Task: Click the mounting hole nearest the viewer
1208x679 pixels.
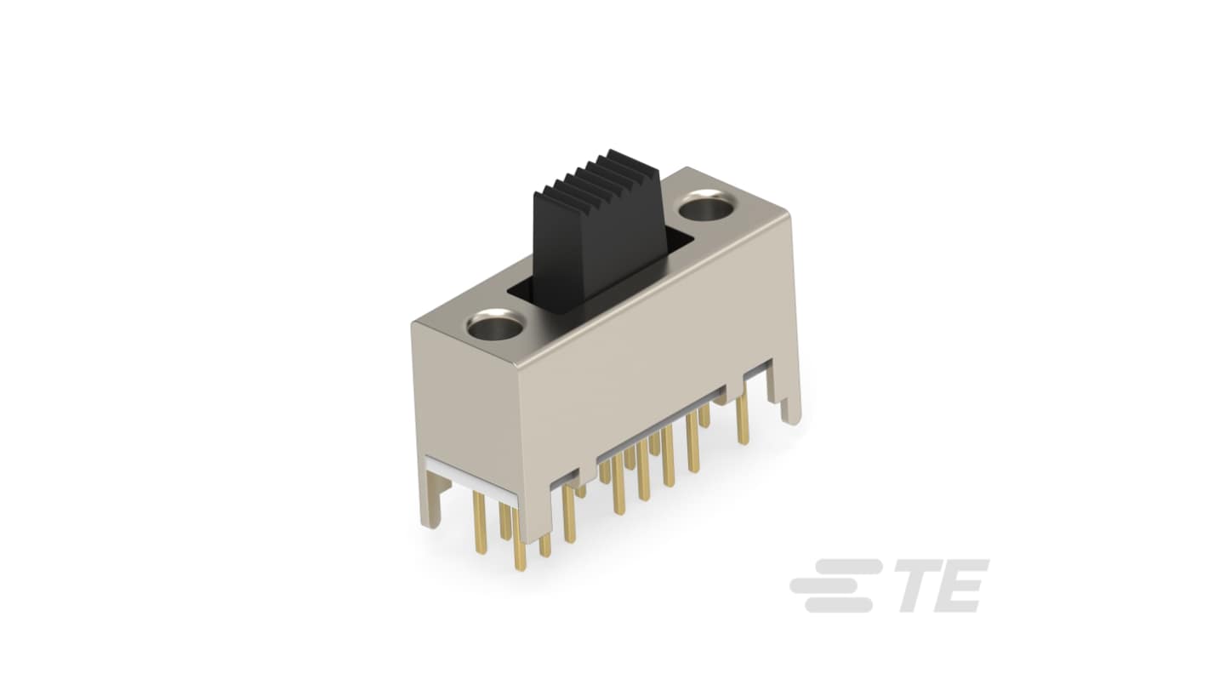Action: [x=496, y=325]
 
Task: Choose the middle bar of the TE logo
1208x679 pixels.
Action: [x=831, y=585]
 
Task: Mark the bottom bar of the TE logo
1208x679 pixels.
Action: [x=839, y=605]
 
